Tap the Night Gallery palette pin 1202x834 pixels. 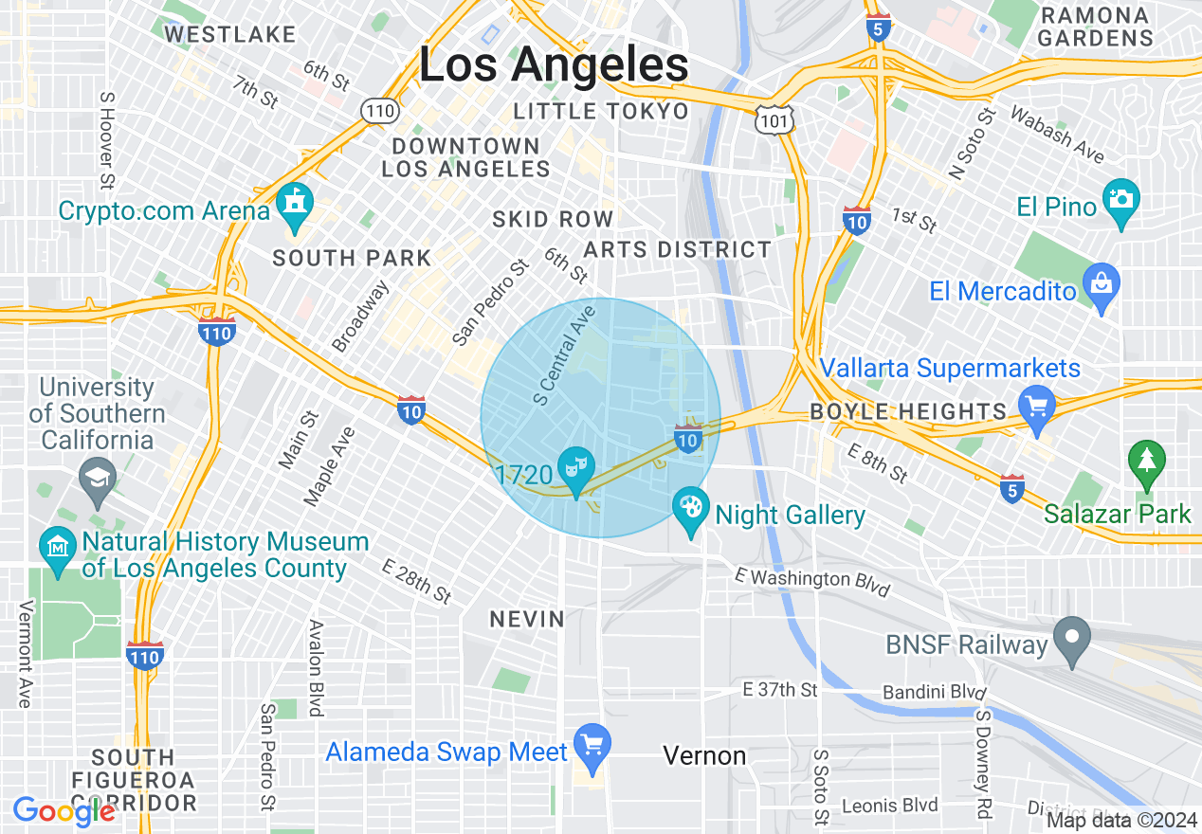point(690,509)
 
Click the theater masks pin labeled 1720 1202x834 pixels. point(574,468)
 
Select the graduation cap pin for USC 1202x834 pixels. point(99,477)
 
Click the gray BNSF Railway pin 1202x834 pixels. point(1072,638)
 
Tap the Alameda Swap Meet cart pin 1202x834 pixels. point(592,746)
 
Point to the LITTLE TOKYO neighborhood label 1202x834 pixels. point(601,112)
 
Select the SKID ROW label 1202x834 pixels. point(553,220)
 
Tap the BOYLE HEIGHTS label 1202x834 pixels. point(907,411)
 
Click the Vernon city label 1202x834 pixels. point(704,755)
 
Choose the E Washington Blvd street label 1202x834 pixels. point(813,583)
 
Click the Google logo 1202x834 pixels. point(64,811)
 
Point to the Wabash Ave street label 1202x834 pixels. point(1057,135)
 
